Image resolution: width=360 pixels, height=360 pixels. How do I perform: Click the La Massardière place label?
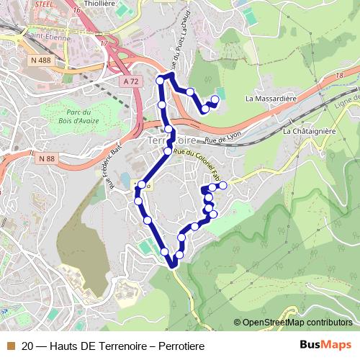[x=271, y=98]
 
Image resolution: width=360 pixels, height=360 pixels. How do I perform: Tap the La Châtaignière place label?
[x=310, y=132]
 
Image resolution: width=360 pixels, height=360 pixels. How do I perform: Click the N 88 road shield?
[x=46, y=158]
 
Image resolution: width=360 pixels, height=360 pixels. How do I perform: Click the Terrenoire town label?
[x=174, y=140]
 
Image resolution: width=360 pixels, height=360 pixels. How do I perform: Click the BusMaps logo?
[x=325, y=346]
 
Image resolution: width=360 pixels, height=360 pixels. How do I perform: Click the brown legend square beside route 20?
[x=10, y=346]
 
